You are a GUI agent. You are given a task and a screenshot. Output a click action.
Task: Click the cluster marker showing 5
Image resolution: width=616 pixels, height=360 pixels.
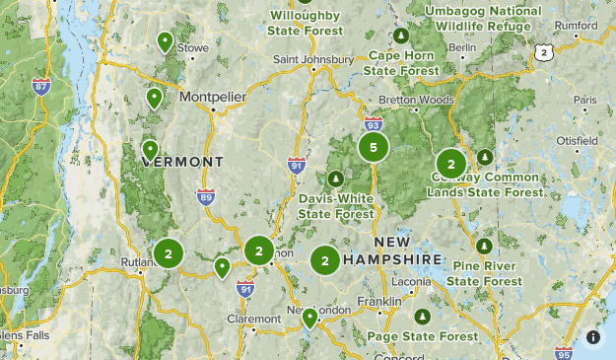pyautogui.click(x=373, y=148)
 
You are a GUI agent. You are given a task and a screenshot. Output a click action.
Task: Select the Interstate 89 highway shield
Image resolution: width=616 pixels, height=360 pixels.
pyautogui.click(x=205, y=196)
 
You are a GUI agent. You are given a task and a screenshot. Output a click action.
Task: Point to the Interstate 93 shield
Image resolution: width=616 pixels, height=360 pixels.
pyautogui.click(x=372, y=124)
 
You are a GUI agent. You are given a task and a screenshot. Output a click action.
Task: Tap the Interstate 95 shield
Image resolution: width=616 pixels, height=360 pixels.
pyautogui.click(x=563, y=352)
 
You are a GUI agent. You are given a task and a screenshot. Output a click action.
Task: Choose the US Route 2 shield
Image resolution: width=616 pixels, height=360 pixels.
pyautogui.click(x=544, y=51)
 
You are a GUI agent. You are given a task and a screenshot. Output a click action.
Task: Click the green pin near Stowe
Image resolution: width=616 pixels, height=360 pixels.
pyautogui.click(x=166, y=41)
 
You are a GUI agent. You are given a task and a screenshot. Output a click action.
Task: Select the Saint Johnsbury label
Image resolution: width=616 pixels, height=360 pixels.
pyautogui.click(x=313, y=59)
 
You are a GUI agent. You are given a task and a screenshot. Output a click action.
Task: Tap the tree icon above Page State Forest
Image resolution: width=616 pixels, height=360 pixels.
pyautogui.click(x=423, y=317)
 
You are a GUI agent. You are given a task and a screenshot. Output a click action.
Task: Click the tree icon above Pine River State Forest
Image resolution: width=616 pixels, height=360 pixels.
pyautogui.click(x=483, y=246)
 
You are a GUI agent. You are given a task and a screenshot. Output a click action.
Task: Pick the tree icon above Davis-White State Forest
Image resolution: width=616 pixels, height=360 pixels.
pyautogui.click(x=335, y=179)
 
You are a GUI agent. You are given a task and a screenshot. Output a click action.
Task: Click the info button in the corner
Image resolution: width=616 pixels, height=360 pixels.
pyautogui.click(x=593, y=336)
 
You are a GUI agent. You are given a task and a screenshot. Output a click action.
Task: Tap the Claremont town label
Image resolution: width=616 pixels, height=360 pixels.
pyautogui.click(x=254, y=319)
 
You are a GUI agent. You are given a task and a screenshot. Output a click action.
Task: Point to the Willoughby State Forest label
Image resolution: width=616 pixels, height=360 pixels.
pyautogui.click(x=306, y=23)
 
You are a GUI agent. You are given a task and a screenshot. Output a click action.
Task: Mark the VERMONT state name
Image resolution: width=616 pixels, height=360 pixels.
pyautogui.click(x=183, y=161)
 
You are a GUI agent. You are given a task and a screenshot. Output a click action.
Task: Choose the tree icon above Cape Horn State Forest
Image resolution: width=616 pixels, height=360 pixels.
pyautogui.click(x=401, y=36)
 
